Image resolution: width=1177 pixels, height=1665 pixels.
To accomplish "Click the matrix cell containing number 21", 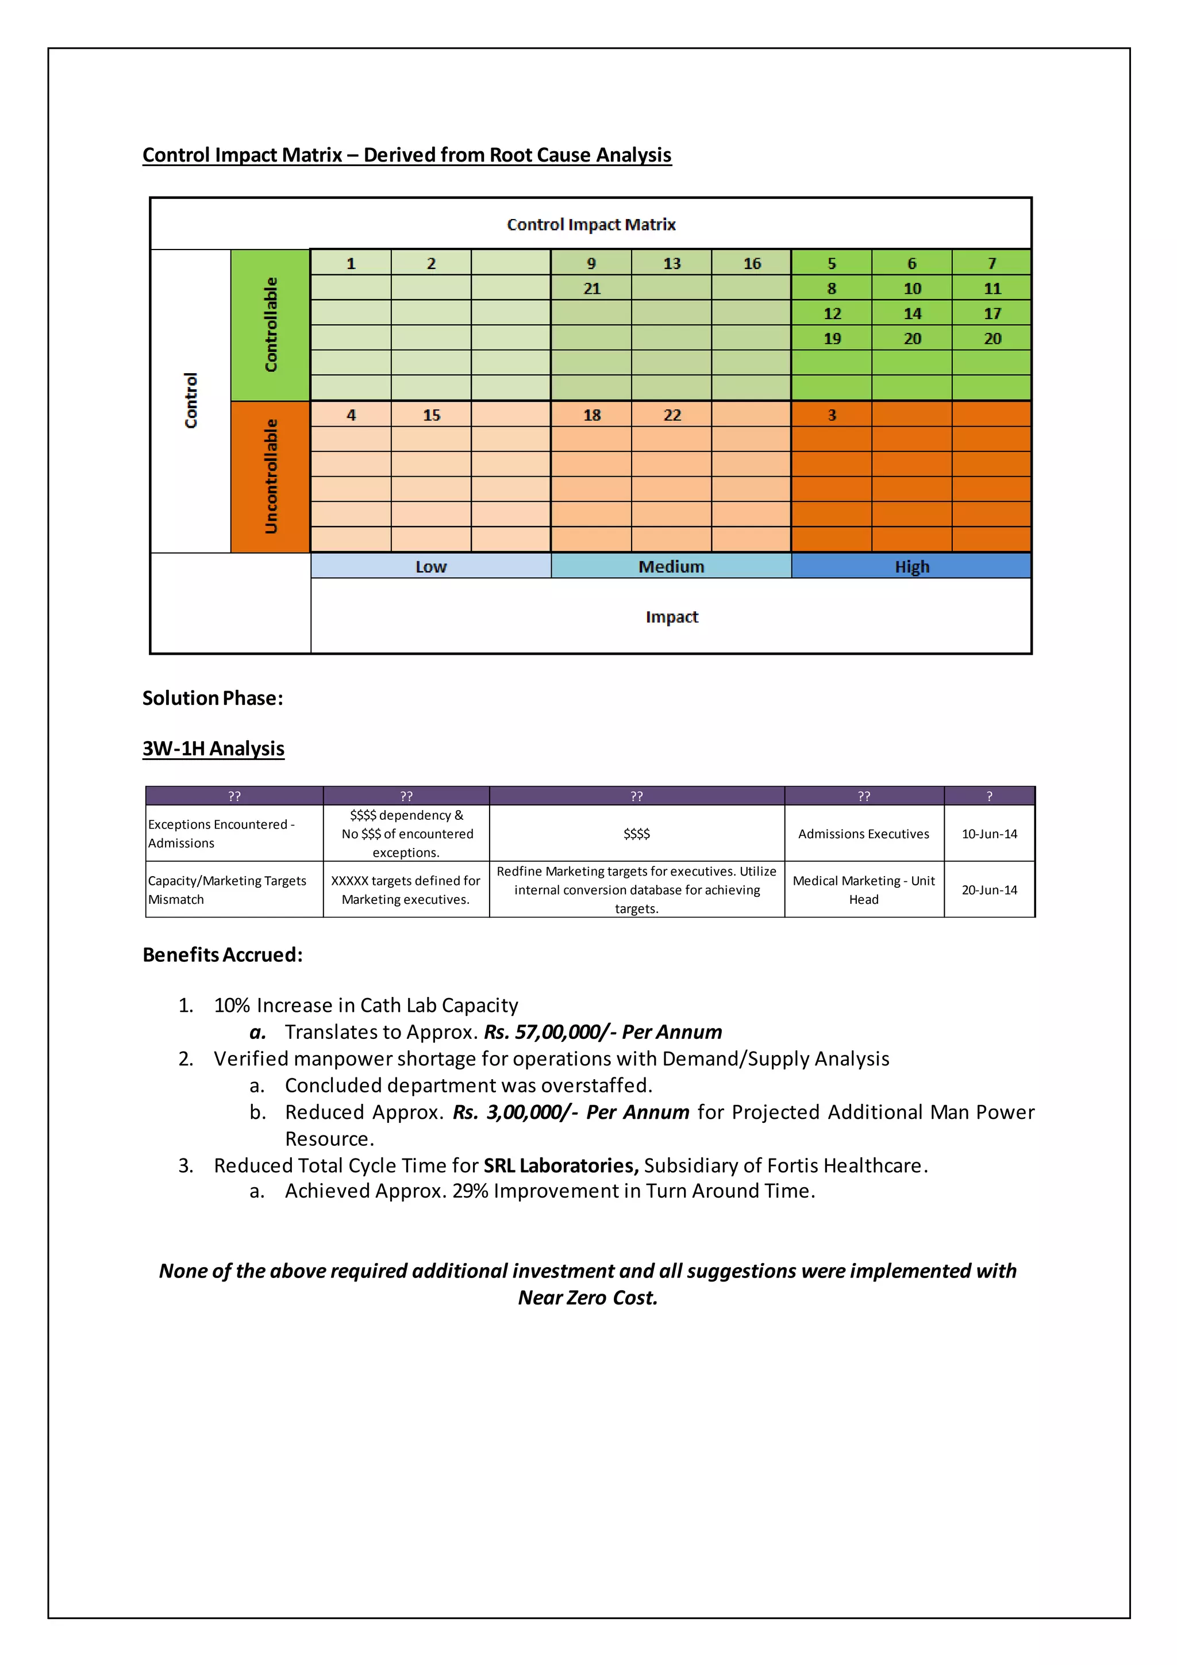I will point(591,289).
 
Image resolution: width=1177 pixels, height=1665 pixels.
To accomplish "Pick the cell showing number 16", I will point(752,263).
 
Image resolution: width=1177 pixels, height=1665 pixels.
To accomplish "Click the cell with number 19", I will point(831,339).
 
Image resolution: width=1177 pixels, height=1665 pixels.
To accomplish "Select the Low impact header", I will point(430,566).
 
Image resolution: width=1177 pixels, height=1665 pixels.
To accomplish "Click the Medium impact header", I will point(671,566).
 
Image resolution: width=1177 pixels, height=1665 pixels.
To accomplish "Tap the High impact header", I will point(911,566).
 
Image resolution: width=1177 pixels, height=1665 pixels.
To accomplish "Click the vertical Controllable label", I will point(270,325).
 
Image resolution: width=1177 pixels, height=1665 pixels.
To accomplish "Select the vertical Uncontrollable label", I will point(270,477).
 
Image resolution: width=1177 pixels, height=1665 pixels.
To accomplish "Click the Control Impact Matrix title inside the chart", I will point(591,225).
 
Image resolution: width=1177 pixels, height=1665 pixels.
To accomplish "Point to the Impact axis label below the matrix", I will point(671,616).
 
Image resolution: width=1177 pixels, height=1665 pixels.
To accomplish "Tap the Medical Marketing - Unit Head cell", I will point(863,890).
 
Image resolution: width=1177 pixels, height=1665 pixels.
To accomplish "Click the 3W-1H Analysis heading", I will point(213,749).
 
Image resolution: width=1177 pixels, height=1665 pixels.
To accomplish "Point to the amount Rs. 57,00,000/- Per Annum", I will point(603,1032).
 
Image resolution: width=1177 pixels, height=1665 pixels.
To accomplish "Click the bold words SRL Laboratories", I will point(560,1165).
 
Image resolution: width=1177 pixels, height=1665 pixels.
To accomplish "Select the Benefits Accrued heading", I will point(222,954).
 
